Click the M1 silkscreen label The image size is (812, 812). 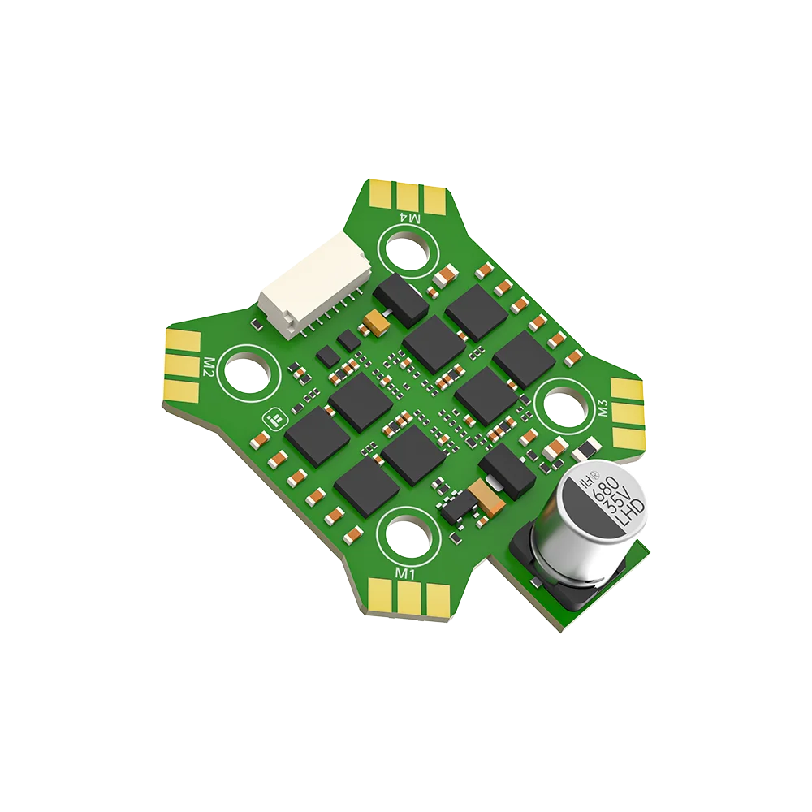pos(405,574)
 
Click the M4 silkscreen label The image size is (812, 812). pos(411,218)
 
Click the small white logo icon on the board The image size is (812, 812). pos(274,419)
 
